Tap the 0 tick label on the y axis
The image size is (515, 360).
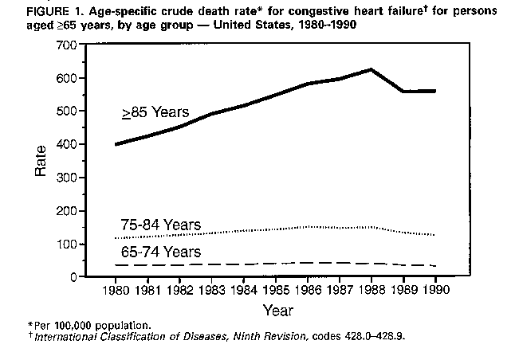click(x=70, y=277)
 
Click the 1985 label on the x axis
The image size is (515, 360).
click(x=277, y=288)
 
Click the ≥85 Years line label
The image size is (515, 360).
click(x=155, y=112)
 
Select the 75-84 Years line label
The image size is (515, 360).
click(x=160, y=225)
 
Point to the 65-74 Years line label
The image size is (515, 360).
click(x=160, y=253)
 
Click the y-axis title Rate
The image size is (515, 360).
click(x=41, y=162)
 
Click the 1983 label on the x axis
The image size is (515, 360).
click(x=213, y=288)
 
